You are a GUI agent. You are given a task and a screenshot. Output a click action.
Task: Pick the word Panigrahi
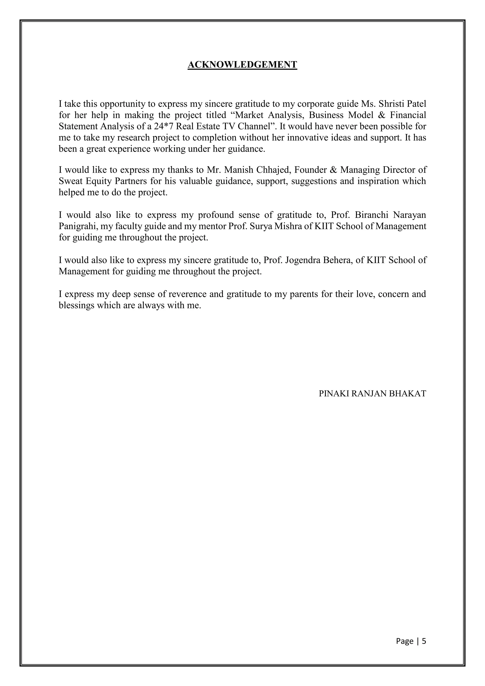coord(78,226)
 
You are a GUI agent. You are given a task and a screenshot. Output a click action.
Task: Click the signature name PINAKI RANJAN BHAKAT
coord(372,393)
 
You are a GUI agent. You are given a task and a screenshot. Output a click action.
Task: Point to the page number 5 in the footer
coord(424,641)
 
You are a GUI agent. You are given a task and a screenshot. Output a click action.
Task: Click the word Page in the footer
coord(405,641)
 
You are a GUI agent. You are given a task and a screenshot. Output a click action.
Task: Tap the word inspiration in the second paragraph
coord(378,181)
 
